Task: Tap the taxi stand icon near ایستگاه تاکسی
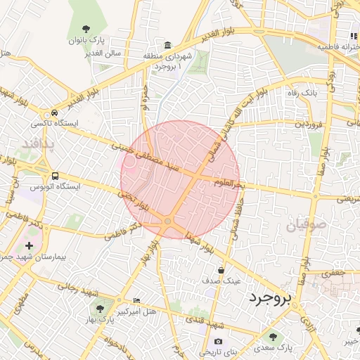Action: (54, 114)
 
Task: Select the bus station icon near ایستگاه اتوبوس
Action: (55, 176)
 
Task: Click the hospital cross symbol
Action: (29, 246)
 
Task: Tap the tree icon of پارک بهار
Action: (97, 307)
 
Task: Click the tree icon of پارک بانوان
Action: (86, 29)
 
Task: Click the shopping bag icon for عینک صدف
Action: (221, 269)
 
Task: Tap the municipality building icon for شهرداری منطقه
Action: (167, 44)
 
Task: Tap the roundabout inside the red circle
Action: (167, 222)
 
